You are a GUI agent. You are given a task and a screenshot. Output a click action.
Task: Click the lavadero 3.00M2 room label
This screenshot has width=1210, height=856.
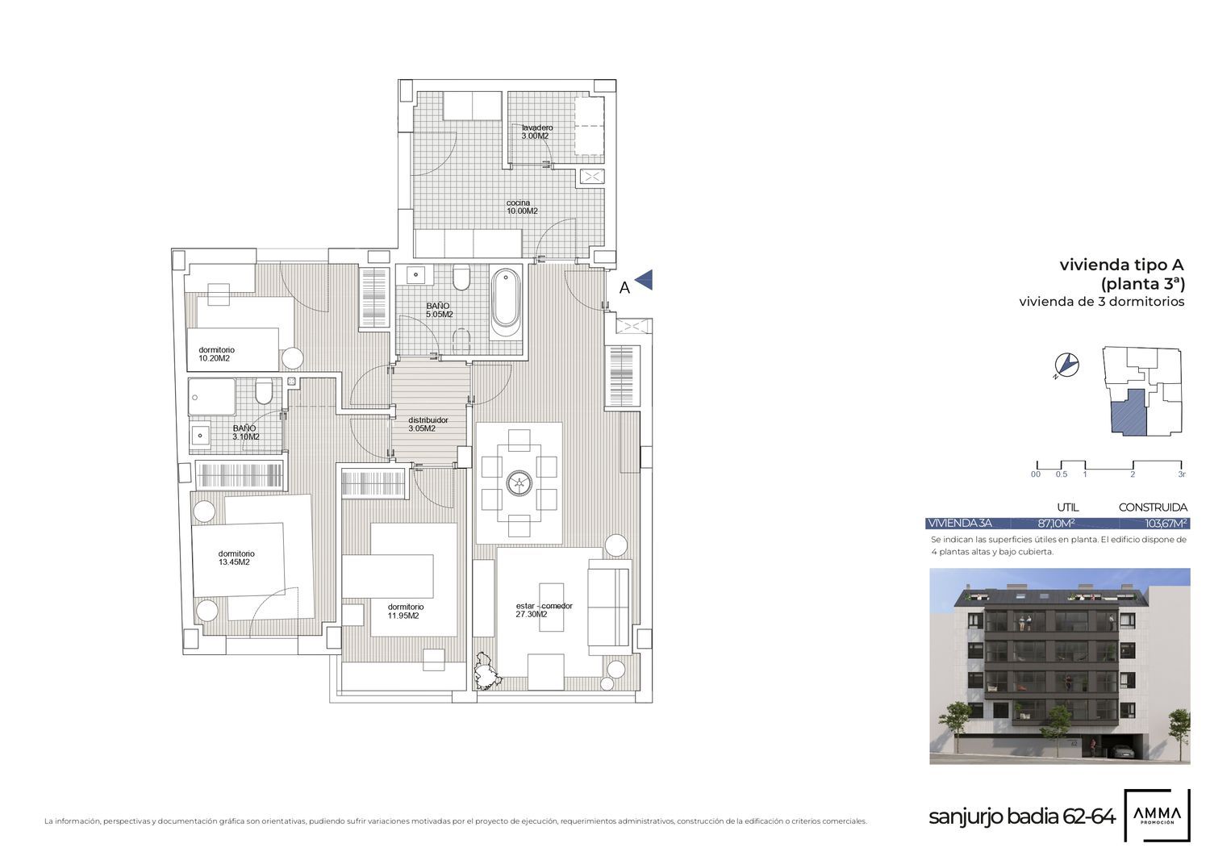click(537, 132)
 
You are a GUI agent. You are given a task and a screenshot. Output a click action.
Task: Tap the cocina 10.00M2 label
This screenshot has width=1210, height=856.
click(522, 207)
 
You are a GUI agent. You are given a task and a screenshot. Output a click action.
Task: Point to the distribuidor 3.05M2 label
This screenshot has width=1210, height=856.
click(428, 424)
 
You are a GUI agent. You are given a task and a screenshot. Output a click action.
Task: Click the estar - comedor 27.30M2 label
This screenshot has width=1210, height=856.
click(544, 610)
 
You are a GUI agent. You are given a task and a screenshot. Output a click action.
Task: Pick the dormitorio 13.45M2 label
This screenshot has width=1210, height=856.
click(236, 557)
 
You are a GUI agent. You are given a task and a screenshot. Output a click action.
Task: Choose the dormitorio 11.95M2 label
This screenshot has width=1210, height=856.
click(405, 612)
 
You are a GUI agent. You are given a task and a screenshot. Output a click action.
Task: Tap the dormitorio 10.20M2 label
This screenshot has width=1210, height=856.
click(216, 354)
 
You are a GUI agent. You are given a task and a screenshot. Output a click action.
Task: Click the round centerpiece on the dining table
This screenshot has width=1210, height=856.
click(519, 482)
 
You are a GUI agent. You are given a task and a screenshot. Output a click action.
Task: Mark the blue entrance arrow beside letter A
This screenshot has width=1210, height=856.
click(645, 280)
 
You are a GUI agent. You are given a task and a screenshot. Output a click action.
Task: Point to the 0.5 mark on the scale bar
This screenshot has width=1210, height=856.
click(1062, 474)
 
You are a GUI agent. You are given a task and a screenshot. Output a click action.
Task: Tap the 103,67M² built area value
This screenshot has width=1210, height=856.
click(1166, 523)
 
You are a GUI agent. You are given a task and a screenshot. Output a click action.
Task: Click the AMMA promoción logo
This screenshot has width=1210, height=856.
click(1157, 815)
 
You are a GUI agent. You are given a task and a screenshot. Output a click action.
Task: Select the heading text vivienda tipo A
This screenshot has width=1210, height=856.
click(1121, 265)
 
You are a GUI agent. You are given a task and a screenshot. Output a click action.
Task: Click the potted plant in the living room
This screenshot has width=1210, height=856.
click(486, 671)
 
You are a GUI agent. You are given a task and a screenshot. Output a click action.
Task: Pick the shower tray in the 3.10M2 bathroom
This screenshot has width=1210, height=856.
click(211, 397)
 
